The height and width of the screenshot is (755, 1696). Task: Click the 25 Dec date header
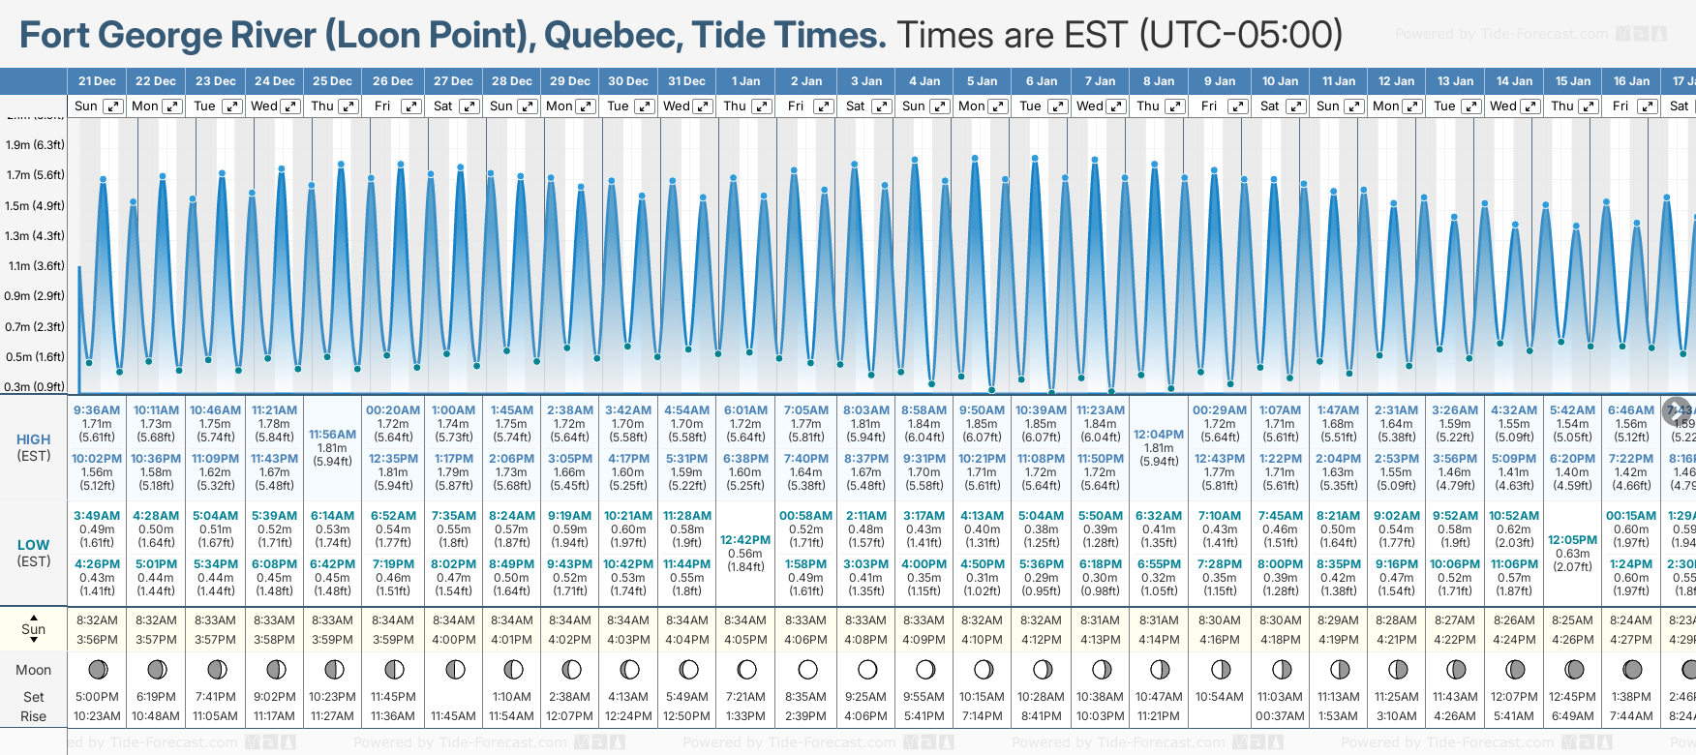(x=332, y=81)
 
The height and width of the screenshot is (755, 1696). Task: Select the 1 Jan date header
(x=745, y=81)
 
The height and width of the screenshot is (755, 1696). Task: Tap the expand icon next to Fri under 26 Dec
(x=410, y=106)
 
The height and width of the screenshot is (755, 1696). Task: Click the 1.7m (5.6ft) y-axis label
(x=35, y=175)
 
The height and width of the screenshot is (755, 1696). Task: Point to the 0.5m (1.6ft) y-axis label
(x=35, y=357)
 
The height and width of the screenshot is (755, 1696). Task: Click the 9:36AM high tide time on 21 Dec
(x=97, y=410)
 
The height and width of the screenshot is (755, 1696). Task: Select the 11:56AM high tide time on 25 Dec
(x=332, y=435)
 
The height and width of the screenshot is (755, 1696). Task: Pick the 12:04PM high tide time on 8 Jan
(x=1159, y=435)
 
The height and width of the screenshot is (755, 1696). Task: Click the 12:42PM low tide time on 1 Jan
(x=745, y=540)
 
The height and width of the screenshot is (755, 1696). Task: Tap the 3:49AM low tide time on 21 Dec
(x=97, y=516)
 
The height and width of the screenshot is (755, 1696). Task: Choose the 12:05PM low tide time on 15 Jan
(x=1572, y=540)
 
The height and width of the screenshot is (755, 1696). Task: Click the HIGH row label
(x=34, y=439)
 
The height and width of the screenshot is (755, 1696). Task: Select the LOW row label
(x=34, y=545)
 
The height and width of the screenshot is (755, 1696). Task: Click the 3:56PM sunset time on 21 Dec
(x=97, y=640)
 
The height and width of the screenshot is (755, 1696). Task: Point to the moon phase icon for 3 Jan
(x=866, y=669)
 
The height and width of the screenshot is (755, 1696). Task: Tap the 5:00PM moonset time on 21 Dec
(x=97, y=697)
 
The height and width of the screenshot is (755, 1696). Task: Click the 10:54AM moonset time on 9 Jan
(x=1219, y=697)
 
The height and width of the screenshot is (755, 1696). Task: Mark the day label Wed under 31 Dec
(x=676, y=106)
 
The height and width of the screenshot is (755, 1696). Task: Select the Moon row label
(x=34, y=670)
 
